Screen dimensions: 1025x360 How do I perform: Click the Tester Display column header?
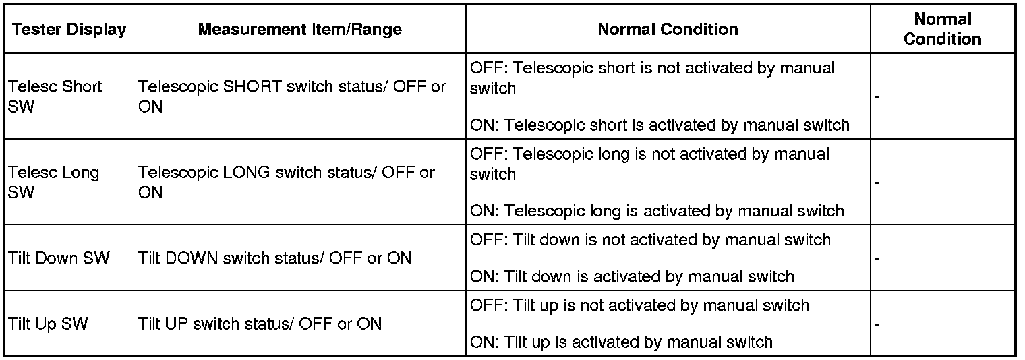(69, 29)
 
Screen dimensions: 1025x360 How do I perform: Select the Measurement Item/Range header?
(299, 29)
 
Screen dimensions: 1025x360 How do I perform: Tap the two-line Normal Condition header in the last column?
(943, 29)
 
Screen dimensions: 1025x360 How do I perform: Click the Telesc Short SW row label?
(55, 96)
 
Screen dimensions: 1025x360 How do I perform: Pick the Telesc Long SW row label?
(53, 182)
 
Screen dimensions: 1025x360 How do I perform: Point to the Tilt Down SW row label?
(59, 258)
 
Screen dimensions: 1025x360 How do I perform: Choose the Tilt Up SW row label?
(48, 324)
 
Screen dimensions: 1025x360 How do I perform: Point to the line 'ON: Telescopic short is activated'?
(660, 125)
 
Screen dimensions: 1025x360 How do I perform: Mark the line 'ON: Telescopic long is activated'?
(657, 211)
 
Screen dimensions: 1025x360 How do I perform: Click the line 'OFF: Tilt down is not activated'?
(650, 240)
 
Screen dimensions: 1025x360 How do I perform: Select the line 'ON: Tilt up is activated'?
(621, 342)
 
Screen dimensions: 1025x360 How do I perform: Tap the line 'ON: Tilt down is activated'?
(632, 277)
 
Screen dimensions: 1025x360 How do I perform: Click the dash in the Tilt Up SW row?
(877, 325)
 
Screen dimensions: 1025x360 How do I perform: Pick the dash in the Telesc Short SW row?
(877, 97)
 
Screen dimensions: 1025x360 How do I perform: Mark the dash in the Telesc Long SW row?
(877, 183)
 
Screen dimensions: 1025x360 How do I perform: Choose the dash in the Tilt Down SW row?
(877, 259)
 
